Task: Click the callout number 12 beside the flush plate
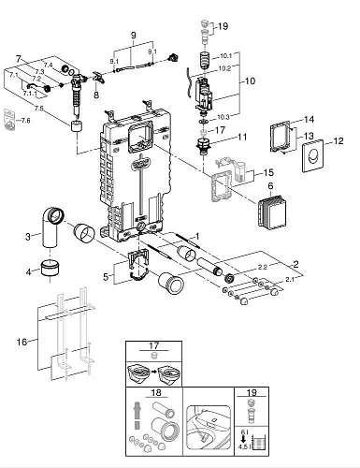pos(339,140)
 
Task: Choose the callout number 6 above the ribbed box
pos(272,187)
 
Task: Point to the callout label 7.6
pos(25,121)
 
